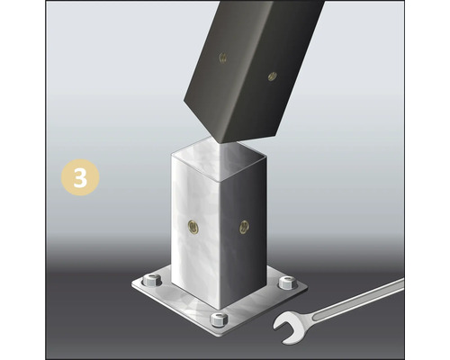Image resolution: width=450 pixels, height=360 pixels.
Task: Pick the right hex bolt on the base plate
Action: (x=287, y=283)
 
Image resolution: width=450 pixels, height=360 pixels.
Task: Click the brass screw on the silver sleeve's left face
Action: (x=192, y=224)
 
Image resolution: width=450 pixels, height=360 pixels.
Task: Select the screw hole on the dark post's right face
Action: (x=272, y=77)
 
